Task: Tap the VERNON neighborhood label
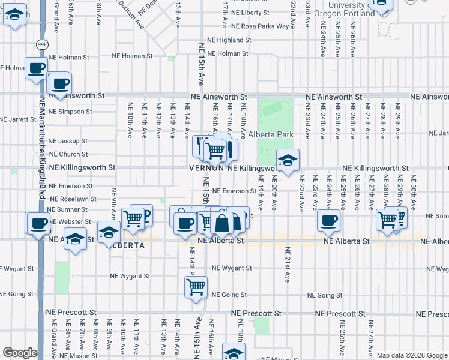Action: pyautogui.click(x=206, y=169)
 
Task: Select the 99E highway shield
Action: pyautogui.click(x=42, y=43)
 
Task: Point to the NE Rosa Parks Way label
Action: pyautogui.click(x=261, y=26)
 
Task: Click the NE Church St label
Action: pyautogui.click(x=68, y=155)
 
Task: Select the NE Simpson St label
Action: pyautogui.click(x=70, y=112)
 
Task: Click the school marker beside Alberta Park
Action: pyautogui.click(x=288, y=160)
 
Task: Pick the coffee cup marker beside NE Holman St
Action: pyautogui.click(x=36, y=68)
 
